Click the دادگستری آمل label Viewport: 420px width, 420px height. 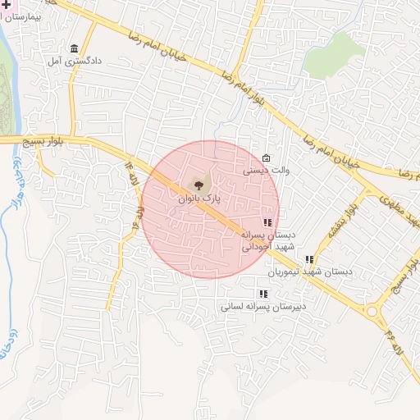click(x=74, y=61)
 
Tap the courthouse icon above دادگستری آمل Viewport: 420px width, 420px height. click(x=75, y=48)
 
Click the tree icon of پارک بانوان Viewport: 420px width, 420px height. click(x=198, y=185)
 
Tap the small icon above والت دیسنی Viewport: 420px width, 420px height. click(x=266, y=158)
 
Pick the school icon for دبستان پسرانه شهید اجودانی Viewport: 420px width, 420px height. click(x=267, y=222)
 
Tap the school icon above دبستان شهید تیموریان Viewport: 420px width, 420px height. click(x=309, y=259)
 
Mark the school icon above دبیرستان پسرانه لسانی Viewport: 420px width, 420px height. click(x=262, y=293)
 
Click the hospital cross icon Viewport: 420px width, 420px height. click(x=2, y=4)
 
